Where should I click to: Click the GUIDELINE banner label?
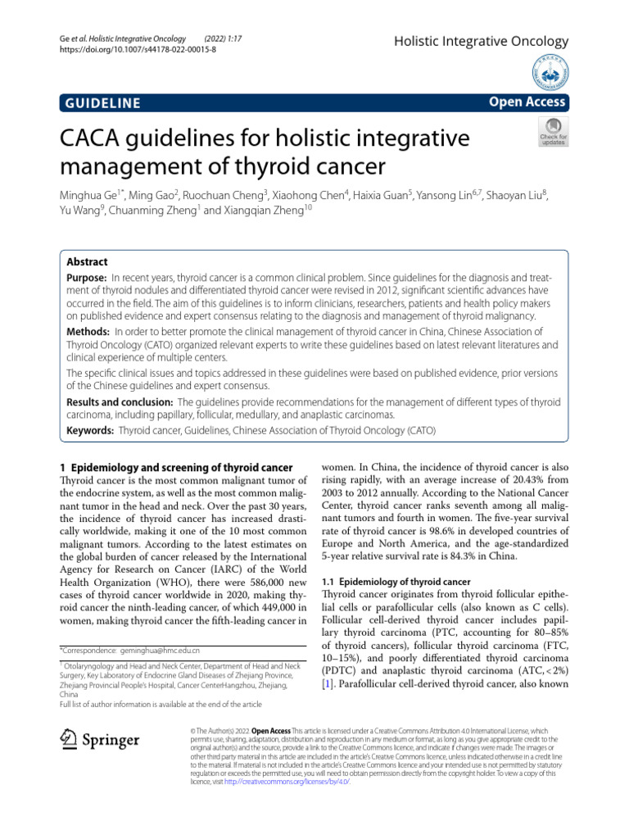(100, 102)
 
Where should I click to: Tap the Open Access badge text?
(526, 102)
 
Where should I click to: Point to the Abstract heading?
(86, 261)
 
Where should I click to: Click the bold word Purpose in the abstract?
(84, 279)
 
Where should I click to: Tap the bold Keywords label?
(89, 429)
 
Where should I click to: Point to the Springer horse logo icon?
(68, 741)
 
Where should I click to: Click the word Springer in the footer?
(110, 741)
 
